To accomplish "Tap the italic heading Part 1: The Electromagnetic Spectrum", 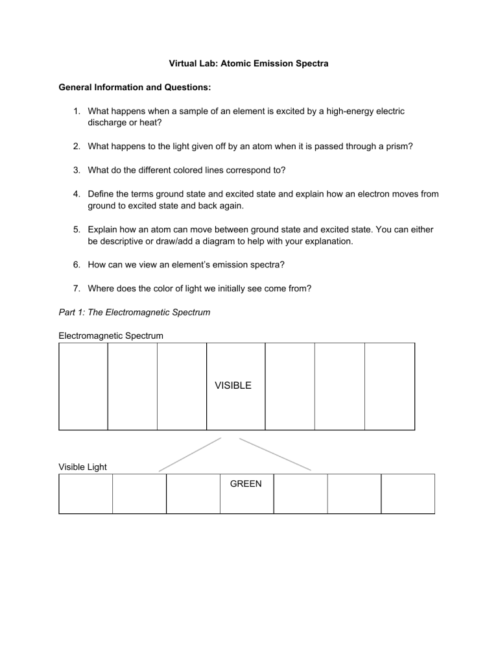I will (134, 312).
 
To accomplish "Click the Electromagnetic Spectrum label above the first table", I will (111, 335).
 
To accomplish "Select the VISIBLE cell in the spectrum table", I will (235, 386).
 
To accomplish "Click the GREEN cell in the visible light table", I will (246, 483).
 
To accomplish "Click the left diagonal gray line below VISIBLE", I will (190, 454).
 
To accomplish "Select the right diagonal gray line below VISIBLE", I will (275, 454).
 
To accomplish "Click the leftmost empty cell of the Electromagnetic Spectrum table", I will (83, 386).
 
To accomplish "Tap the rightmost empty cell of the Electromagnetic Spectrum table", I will (389, 386).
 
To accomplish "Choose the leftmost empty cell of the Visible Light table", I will (86, 494).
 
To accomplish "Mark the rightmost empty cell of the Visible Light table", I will (407, 494).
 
